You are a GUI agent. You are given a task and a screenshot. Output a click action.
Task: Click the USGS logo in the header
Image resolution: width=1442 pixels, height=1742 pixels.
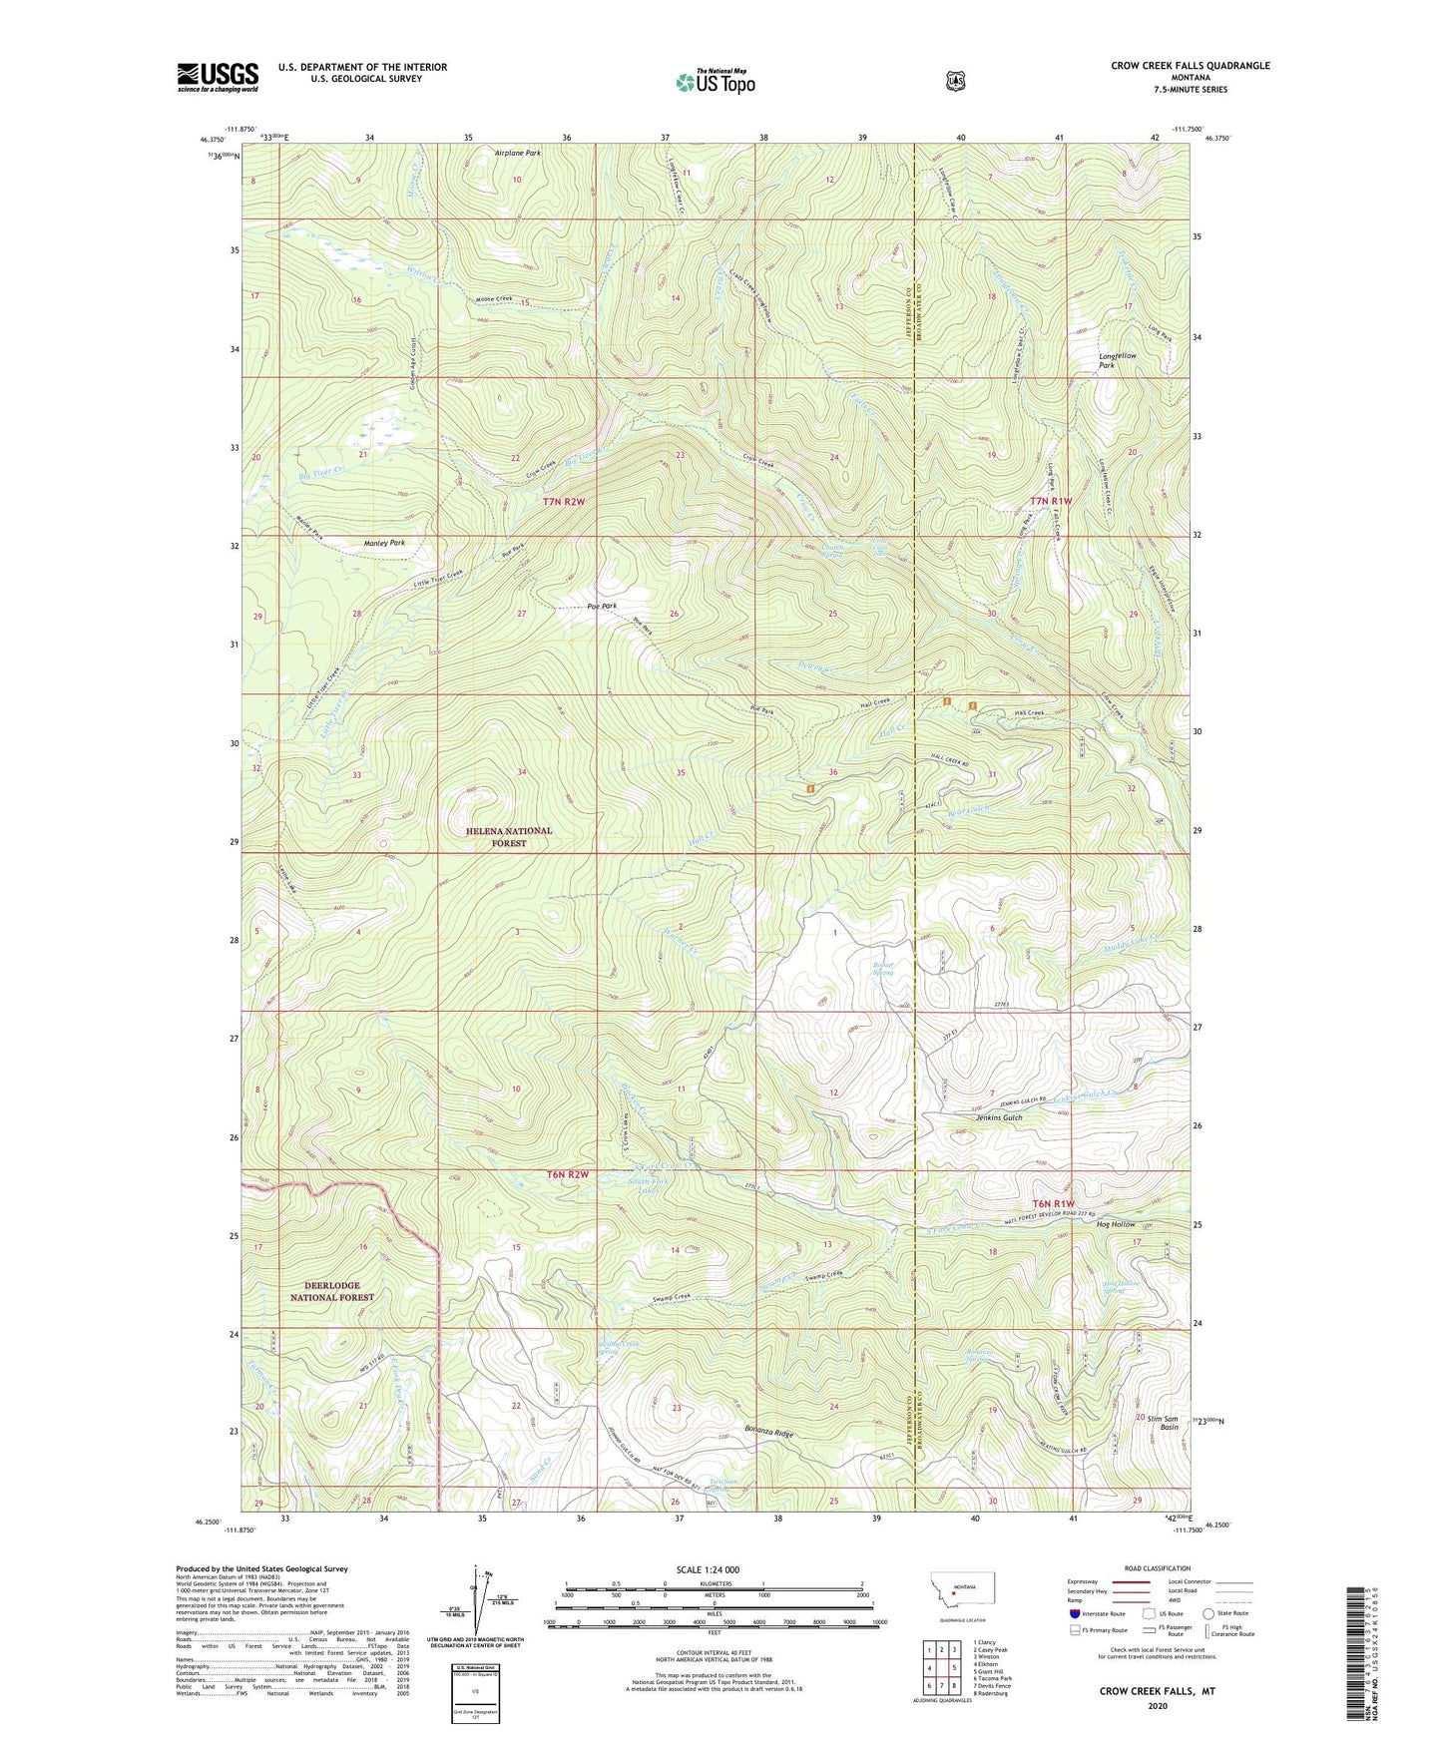pyautogui.click(x=218, y=77)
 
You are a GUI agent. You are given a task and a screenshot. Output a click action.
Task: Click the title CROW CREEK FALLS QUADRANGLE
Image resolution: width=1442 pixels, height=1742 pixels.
pyautogui.click(x=1191, y=66)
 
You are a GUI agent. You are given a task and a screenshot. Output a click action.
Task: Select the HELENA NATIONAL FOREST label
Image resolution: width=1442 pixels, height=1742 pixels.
pyautogui.click(x=508, y=836)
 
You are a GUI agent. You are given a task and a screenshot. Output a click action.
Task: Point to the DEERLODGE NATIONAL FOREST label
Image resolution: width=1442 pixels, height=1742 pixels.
pyautogui.click(x=331, y=1291)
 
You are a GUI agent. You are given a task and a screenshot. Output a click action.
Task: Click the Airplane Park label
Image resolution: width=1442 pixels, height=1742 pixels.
pyautogui.click(x=518, y=154)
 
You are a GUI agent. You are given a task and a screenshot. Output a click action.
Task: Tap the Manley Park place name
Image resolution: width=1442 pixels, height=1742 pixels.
pyautogui.click(x=384, y=543)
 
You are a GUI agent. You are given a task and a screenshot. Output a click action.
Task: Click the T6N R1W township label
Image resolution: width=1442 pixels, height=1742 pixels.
pyautogui.click(x=1053, y=1204)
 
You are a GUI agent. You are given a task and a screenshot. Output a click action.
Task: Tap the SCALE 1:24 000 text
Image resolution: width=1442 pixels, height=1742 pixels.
pyautogui.click(x=708, y=1569)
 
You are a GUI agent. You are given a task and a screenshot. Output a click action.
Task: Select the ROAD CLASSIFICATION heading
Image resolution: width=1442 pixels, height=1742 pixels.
pyautogui.click(x=1157, y=1568)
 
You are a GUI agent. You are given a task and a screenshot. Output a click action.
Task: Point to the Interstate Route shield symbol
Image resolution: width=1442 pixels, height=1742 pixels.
pyautogui.click(x=1074, y=1612)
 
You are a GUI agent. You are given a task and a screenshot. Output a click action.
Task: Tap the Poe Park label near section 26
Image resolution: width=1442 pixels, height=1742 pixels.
pyautogui.click(x=602, y=606)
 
